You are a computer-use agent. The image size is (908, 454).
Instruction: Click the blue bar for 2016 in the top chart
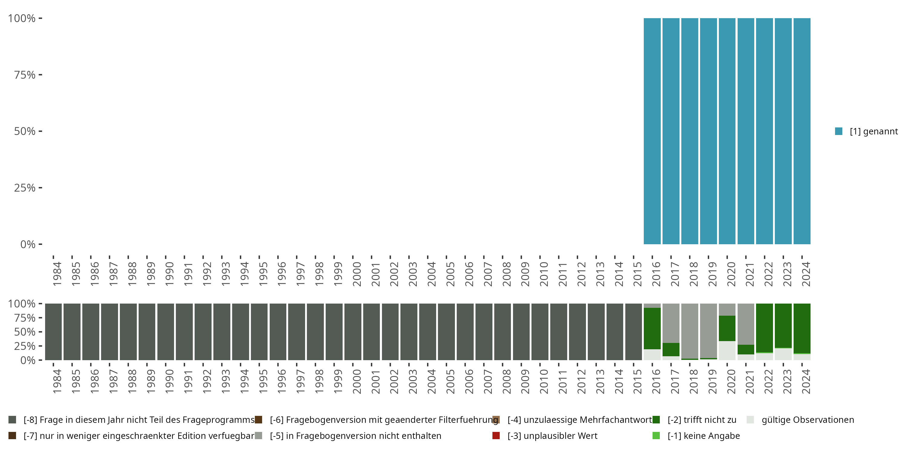pos(652,131)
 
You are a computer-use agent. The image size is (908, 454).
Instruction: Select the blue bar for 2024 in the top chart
pos(802,131)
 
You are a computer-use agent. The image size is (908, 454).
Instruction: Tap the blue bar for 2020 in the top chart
pos(727,131)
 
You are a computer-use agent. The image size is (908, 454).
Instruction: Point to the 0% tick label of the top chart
pos(28,244)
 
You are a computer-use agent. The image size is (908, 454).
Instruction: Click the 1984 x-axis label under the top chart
pos(57,274)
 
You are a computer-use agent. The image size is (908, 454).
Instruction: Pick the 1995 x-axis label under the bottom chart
pos(263,381)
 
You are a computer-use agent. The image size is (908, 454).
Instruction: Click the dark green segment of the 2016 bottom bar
pos(652,328)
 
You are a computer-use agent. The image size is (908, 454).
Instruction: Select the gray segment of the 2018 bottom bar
pos(689,331)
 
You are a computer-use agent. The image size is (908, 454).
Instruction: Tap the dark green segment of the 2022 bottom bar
pos(765,328)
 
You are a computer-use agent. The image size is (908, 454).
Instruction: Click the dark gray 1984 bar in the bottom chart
pos(53,332)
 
